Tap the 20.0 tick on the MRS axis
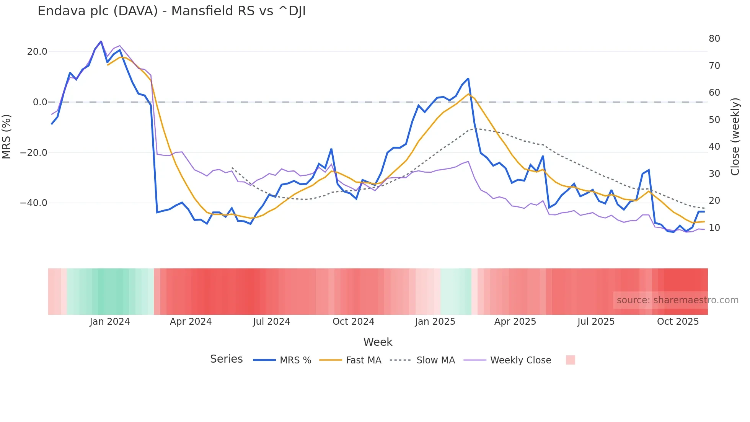(x=37, y=52)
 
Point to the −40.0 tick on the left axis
(x=34, y=203)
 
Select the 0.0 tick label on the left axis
(x=40, y=102)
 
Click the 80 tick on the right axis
(x=714, y=39)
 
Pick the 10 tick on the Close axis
(x=714, y=228)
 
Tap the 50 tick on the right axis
(x=714, y=120)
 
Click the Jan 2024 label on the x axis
(x=110, y=322)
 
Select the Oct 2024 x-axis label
(x=353, y=322)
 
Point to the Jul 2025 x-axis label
(x=596, y=322)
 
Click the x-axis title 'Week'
(x=378, y=342)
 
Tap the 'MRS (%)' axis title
(x=6, y=136)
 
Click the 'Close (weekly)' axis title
(x=735, y=136)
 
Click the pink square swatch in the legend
(x=570, y=360)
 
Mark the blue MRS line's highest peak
(x=101, y=41)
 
